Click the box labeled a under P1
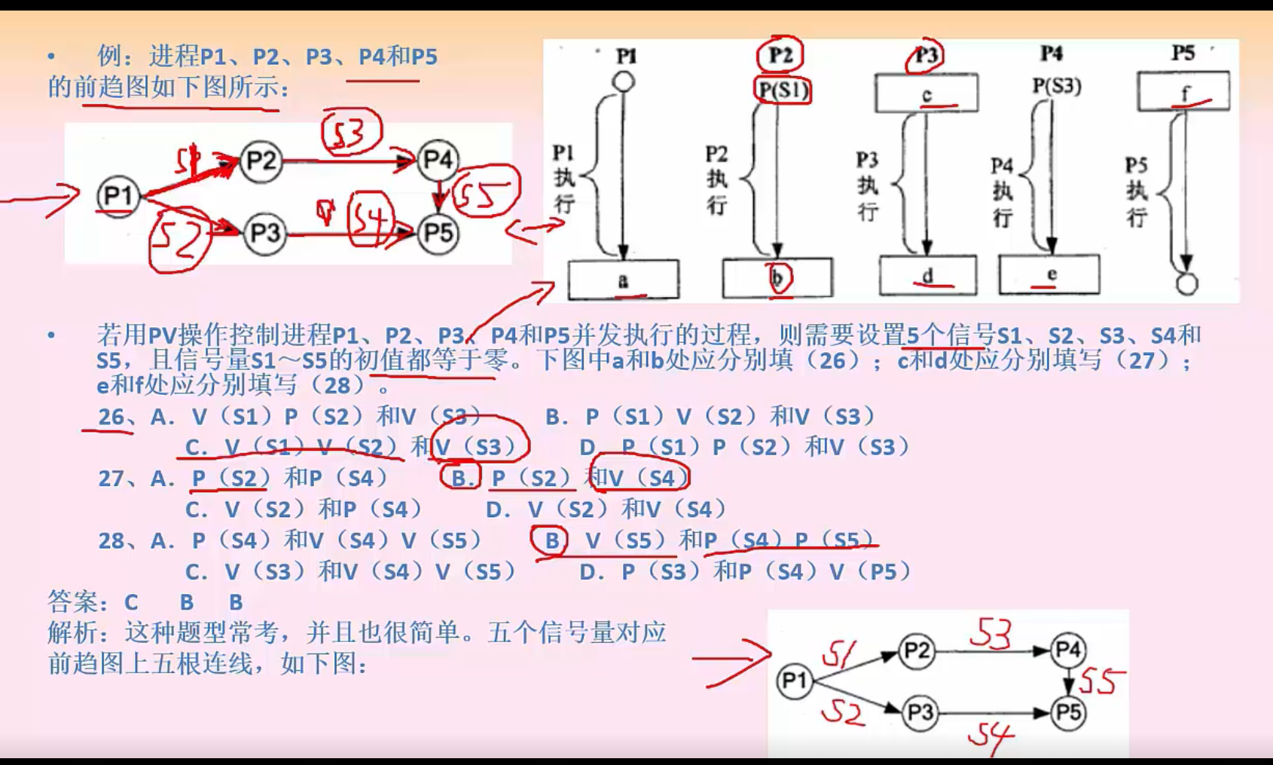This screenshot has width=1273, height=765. click(623, 280)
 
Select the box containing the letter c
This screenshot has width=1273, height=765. click(927, 93)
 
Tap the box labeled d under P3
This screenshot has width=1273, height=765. click(927, 276)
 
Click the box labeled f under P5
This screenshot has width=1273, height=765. click(1183, 91)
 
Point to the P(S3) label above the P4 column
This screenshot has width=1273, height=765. click(1056, 86)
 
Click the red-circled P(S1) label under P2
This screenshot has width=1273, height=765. click(783, 90)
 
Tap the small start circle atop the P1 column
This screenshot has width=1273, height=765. click(623, 81)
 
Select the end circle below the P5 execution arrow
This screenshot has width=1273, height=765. click(1186, 284)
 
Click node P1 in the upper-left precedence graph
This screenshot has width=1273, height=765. click(118, 196)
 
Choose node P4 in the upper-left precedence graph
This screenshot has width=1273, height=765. click(438, 160)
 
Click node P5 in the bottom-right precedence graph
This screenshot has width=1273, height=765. click(1068, 712)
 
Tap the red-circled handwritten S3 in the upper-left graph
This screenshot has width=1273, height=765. click(352, 133)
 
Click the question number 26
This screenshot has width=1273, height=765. click(111, 417)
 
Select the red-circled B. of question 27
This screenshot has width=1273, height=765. click(461, 478)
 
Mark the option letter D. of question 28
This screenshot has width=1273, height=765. click(591, 572)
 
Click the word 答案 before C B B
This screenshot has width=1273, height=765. click(72, 602)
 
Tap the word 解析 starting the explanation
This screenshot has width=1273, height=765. click(72, 632)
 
